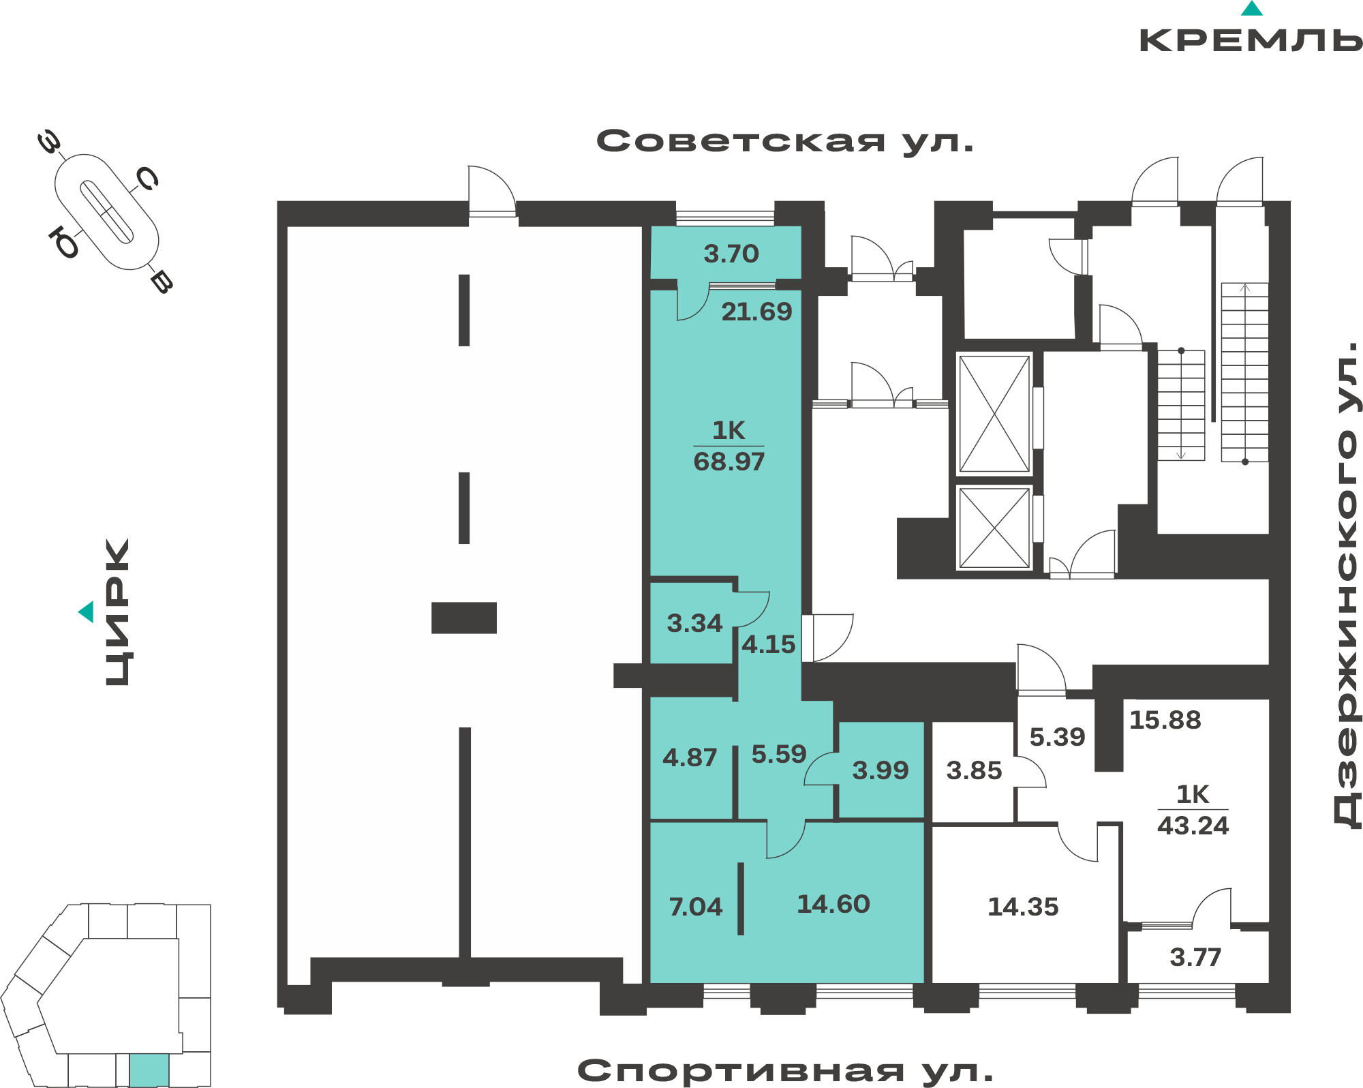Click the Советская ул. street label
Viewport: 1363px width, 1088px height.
785,141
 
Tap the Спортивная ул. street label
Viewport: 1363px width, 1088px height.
785,1070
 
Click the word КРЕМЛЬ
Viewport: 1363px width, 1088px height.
1251,40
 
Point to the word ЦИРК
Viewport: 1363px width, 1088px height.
117,612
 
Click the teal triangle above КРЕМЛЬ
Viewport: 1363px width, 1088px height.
1252,8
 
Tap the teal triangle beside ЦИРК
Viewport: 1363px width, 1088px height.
86,611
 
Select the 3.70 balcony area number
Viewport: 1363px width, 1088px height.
731,254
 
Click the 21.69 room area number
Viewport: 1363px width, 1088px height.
756,312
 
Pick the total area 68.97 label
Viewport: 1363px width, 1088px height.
729,462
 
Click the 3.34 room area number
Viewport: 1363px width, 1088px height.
694,623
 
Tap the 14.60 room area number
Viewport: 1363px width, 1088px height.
833,904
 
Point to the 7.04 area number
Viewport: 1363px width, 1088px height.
695,907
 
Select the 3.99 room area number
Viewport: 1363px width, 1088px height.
880,770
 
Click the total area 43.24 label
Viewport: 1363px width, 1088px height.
1193,826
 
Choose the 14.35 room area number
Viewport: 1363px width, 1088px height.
1023,907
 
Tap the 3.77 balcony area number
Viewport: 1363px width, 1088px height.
1195,957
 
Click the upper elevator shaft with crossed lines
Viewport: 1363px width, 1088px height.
994,414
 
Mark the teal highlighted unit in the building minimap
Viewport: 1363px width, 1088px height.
149,1070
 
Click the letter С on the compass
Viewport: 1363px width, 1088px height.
148,179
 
